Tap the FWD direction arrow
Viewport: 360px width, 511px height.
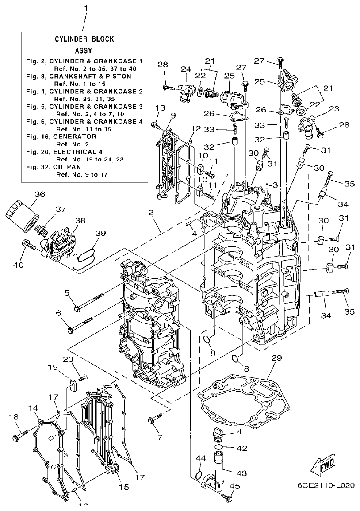323,464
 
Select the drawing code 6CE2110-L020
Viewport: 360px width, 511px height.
326,485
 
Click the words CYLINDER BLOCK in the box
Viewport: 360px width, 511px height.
84,39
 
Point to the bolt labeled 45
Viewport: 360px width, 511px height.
227,497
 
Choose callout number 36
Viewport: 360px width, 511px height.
40,194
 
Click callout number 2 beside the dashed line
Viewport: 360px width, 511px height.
151,213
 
